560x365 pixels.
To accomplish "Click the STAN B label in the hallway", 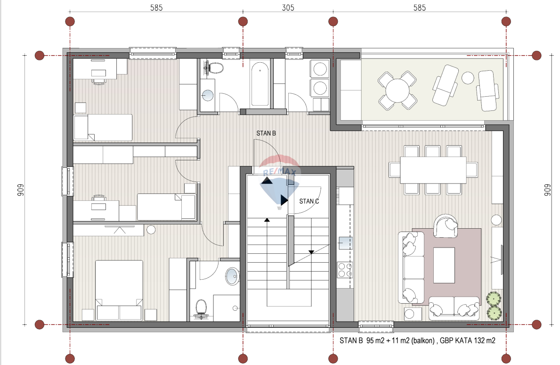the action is click(266, 133).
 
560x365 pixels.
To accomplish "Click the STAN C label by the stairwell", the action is click(309, 201).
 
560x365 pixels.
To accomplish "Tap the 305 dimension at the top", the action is click(288, 8).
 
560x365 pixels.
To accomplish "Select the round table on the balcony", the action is click(397, 91).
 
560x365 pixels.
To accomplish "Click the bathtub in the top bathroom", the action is click(260, 83).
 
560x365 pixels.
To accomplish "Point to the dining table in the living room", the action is click(433, 170).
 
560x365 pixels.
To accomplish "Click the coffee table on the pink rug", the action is click(444, 265).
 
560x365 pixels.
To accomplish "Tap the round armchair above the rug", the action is click(446, 225).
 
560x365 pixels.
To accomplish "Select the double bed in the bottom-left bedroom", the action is click(119, 290).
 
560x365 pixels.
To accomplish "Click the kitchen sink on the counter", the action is click(345, 243).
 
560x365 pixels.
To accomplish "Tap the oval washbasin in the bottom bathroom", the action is click(233, 276).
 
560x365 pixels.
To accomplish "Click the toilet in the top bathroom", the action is click(214, 67).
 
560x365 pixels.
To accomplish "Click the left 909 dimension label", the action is click(20, 190).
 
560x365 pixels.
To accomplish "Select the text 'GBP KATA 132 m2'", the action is click(468, 340).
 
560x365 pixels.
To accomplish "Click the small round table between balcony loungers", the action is click(468, 78).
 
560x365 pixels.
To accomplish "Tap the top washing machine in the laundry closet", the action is click(320, 69).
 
